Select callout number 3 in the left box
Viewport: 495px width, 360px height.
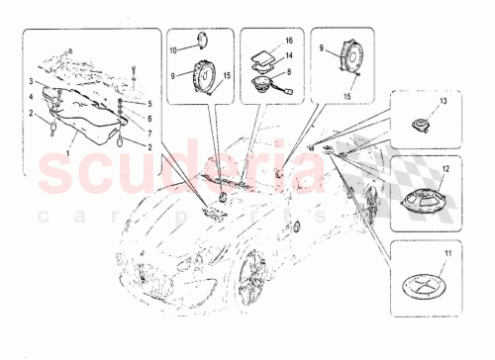pos(32,79)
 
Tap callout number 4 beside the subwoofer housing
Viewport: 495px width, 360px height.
pos(32,96)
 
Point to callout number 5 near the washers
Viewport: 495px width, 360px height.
pos(151,103)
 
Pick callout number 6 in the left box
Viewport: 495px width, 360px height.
pos(151,117)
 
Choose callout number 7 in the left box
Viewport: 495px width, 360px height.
pos(151,130)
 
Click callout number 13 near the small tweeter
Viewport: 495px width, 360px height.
pos(444,103)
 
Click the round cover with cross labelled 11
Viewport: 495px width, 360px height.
pos(421,290)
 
